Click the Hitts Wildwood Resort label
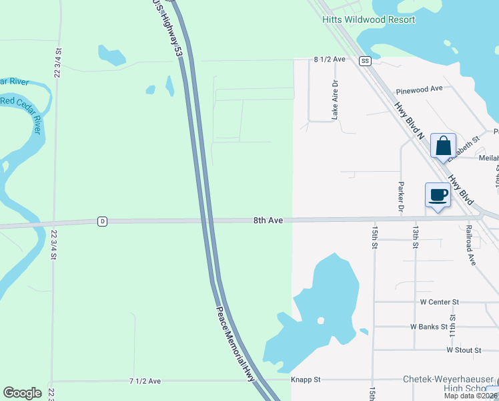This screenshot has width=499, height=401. pos(368,19)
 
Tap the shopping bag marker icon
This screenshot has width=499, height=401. pos(443,146)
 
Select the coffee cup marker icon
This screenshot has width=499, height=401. pos(438,195)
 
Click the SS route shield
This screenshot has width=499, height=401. pos(364,61)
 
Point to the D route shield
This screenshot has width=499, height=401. pos(102,221)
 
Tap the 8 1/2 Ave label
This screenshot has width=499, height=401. pos(330,59)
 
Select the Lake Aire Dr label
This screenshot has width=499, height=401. pos(336,101)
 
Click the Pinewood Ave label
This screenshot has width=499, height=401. pos(419,89)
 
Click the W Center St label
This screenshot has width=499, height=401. pos(440,302)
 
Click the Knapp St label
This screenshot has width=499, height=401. pos(306,380)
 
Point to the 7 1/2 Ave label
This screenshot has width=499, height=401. pos(145,381)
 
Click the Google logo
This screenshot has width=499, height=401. pos(23,393)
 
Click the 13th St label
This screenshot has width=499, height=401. pos(415,237)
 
